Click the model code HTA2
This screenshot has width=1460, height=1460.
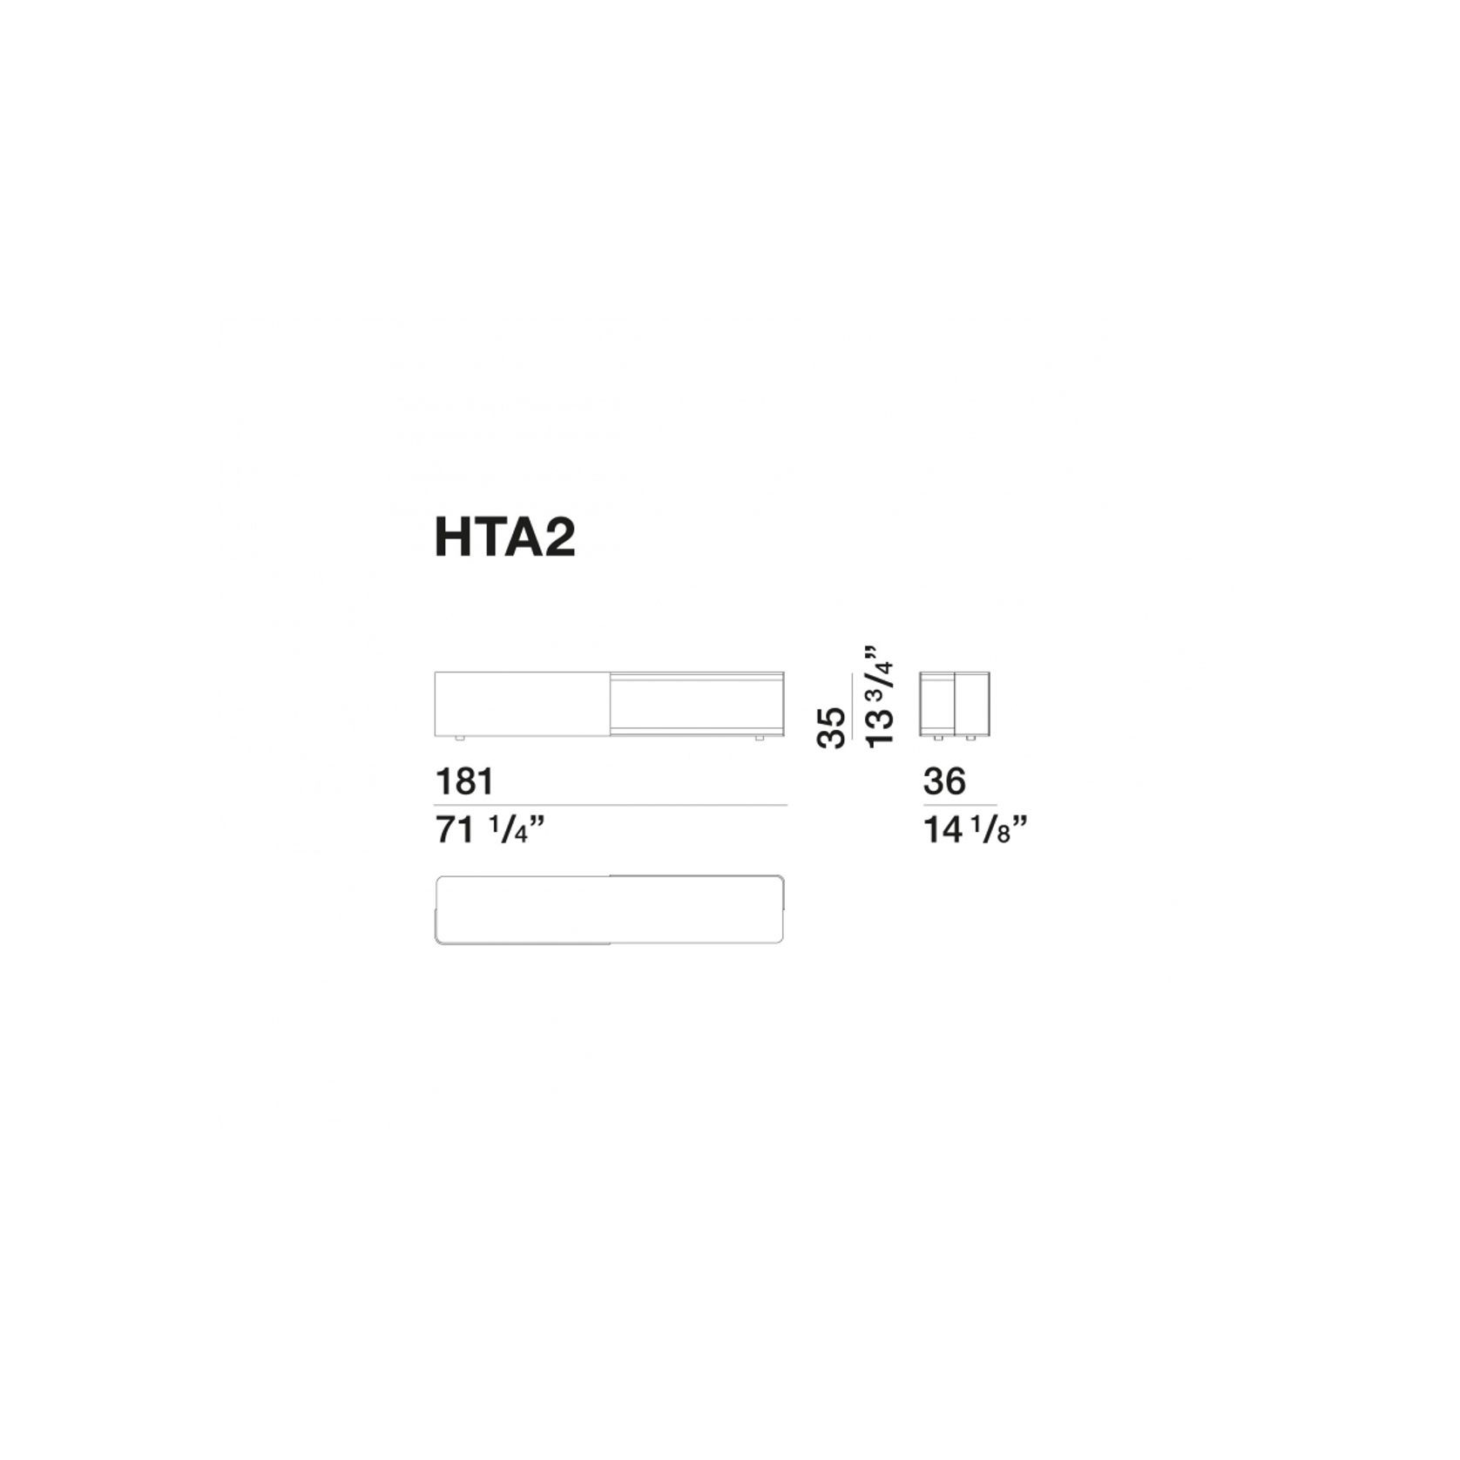pos(504,537)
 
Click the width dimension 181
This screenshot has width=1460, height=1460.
pos(464,781)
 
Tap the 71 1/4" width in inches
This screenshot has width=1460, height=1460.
pos(490,830)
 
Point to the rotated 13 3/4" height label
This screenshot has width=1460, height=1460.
pos(880,695)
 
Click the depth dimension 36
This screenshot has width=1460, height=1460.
pos(944,781)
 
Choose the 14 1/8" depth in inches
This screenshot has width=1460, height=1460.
pos(975,830)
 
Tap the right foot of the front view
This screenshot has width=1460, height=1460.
pos(760,739)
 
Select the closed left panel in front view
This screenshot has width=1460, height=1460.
pos(522,704)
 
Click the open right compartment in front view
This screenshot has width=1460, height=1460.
pos(697,704)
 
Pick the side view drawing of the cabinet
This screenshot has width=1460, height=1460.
pos(955,704)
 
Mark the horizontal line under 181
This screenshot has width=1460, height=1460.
pos(611,805)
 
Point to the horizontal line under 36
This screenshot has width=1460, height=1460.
pos(960,805)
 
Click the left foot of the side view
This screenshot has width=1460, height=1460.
pos(937,739)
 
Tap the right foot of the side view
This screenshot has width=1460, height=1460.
pos(970,739)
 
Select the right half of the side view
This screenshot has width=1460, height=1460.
pos(972,704)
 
